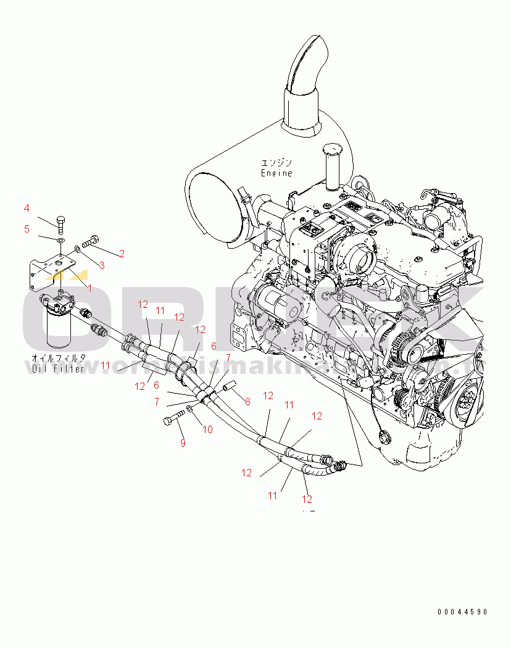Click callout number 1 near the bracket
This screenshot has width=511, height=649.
click(x=89, y=288)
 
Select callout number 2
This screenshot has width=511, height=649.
click(x=122, y=253)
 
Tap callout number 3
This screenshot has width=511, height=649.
click(x=102, y=265)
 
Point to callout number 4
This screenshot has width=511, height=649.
click(x=27, y=208)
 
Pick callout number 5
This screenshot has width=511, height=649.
click(x=27, y=229)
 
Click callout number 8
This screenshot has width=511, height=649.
click(x=247, y=402)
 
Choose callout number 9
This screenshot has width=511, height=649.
click(x=183, y=442)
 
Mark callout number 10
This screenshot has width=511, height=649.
click(x=207, y=429)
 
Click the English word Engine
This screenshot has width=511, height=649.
click(x=276, y=173)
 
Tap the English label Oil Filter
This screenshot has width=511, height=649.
click(x=59, y=369)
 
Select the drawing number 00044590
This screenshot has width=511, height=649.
click(x=463, y=612)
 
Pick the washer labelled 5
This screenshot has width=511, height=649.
click(x=60, y=238)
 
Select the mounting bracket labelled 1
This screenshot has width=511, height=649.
click(x=49, y=271)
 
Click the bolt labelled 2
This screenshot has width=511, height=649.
click(x=91, y=241)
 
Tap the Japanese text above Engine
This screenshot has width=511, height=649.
click(x=276, y=163)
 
